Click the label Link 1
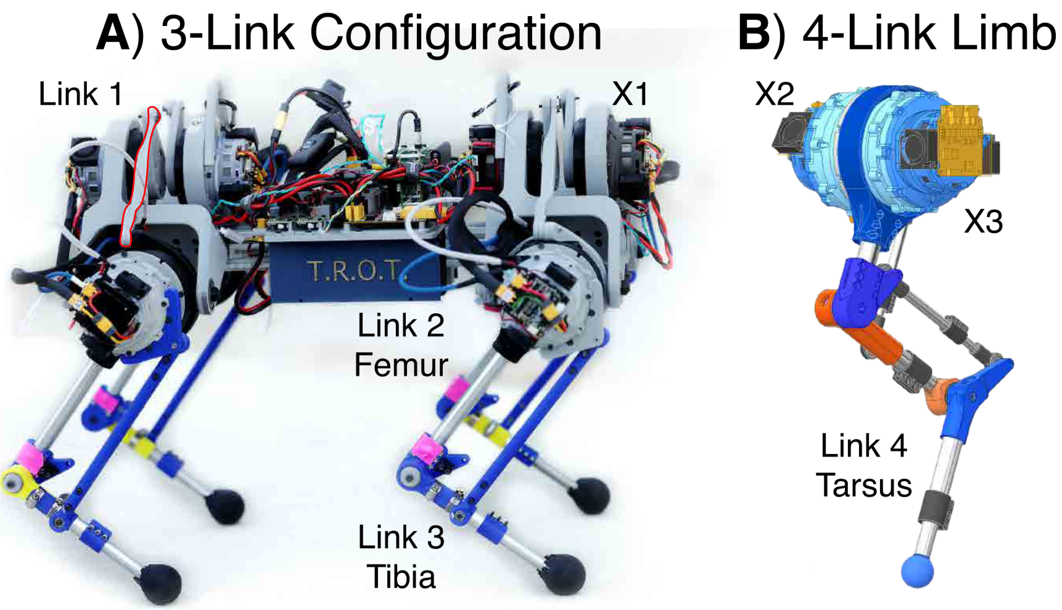(x=80, y=94)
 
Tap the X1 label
(x=630, y=94)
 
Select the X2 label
(x=775, y=94)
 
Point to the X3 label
(x=983, y=221)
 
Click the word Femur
(x=401, y=365)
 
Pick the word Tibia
(x=401, y=577)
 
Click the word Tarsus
(x=863, y=485)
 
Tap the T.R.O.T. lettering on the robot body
(x=354, y=271)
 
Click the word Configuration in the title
(x=455, y=34)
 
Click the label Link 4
(x=863, y=445)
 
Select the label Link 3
(x=401, y=537)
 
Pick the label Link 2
(x=401, y=325)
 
